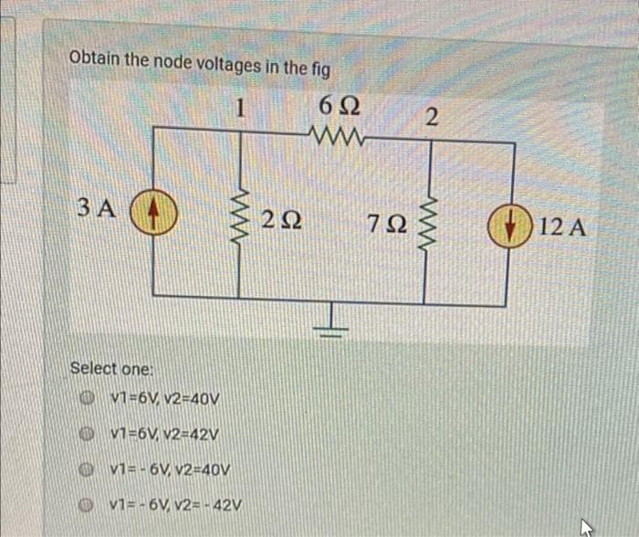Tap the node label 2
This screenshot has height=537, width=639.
pyautogui.click(x=433, y=117)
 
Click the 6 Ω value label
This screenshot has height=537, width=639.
pyautogui.click(x=340, y=108)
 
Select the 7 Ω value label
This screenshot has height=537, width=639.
pyautogui.click(x=384, y=223)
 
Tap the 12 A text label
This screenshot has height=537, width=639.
pyautogui.click(x=563, y=226)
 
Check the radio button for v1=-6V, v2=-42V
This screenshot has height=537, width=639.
pyautogui.click(x=89, y=504)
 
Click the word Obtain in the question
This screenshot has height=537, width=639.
pyautogui.click(x=96, y=58)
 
